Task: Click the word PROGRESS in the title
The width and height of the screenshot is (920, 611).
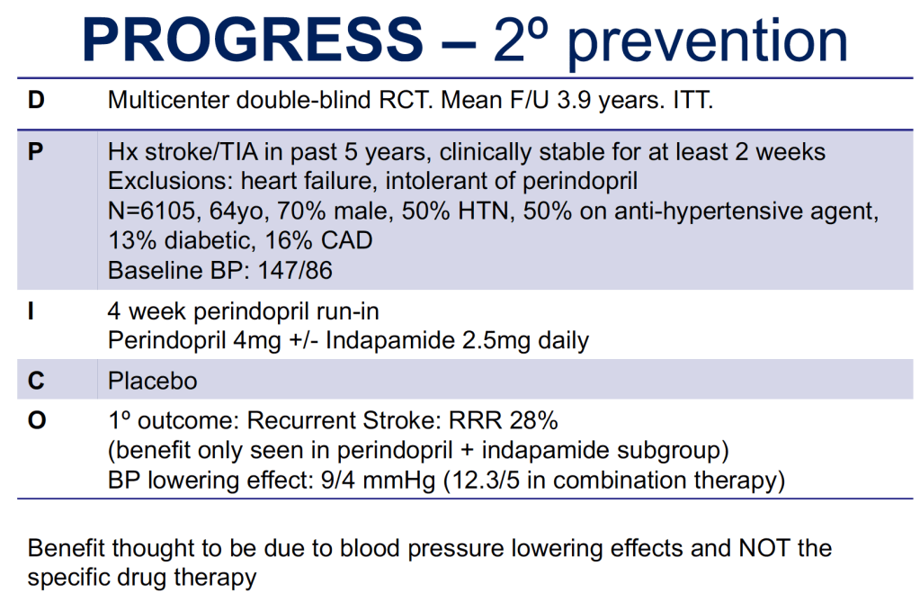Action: tap(253, 40)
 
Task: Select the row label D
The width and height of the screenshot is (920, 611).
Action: tap(36, 100)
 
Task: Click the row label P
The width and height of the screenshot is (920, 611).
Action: tap(35, 152)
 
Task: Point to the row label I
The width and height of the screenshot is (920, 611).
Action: tap(31, 311)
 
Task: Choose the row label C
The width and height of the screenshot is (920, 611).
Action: tap(36, 381)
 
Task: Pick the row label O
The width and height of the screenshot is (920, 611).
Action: tap(36, 421)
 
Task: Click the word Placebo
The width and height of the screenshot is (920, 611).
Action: tap(153, 381)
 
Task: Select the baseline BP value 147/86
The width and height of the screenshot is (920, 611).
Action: tap(295, 271)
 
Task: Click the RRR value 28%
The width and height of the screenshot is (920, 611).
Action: tap(533, 421)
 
